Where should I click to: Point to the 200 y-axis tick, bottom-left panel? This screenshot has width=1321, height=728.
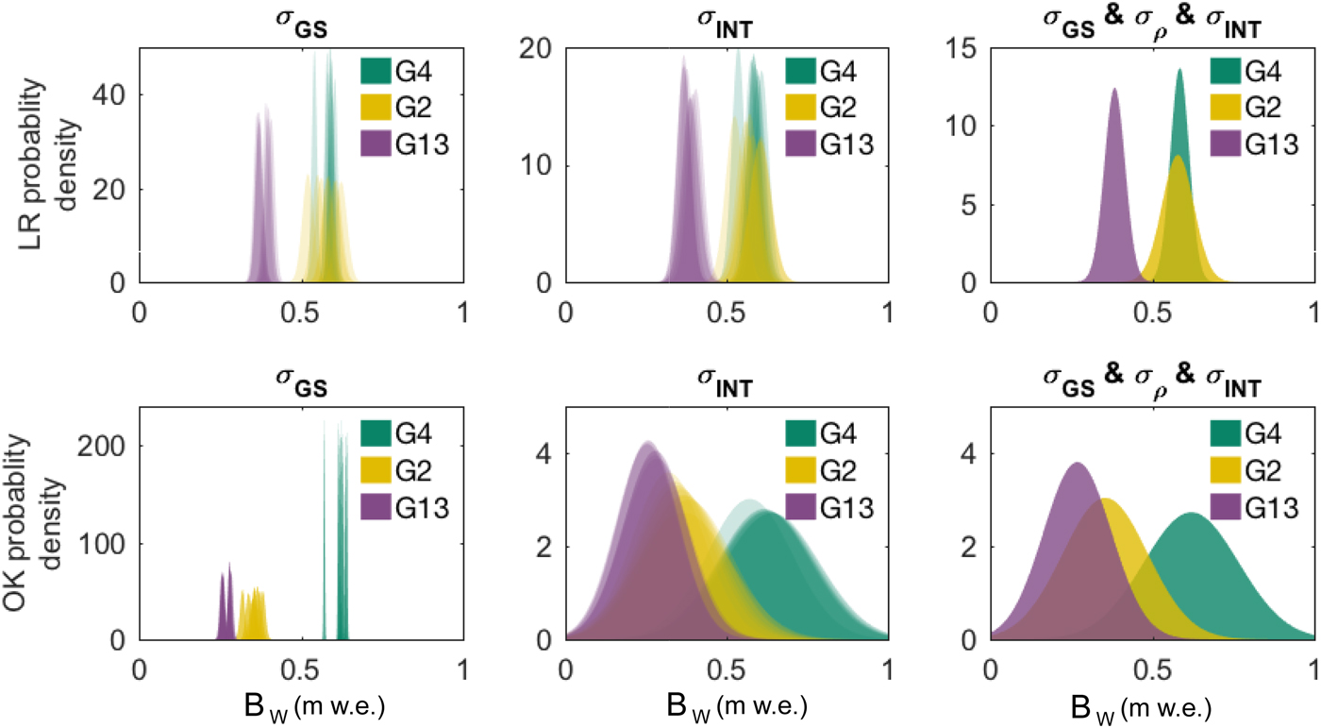(x=106, y=446)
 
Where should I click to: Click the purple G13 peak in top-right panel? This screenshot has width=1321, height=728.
(x=1114, y=91)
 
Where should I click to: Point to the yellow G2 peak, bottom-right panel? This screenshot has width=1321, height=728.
(x=1105, y=500)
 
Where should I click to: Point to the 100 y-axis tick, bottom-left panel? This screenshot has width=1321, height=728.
(x=106, y=543)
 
